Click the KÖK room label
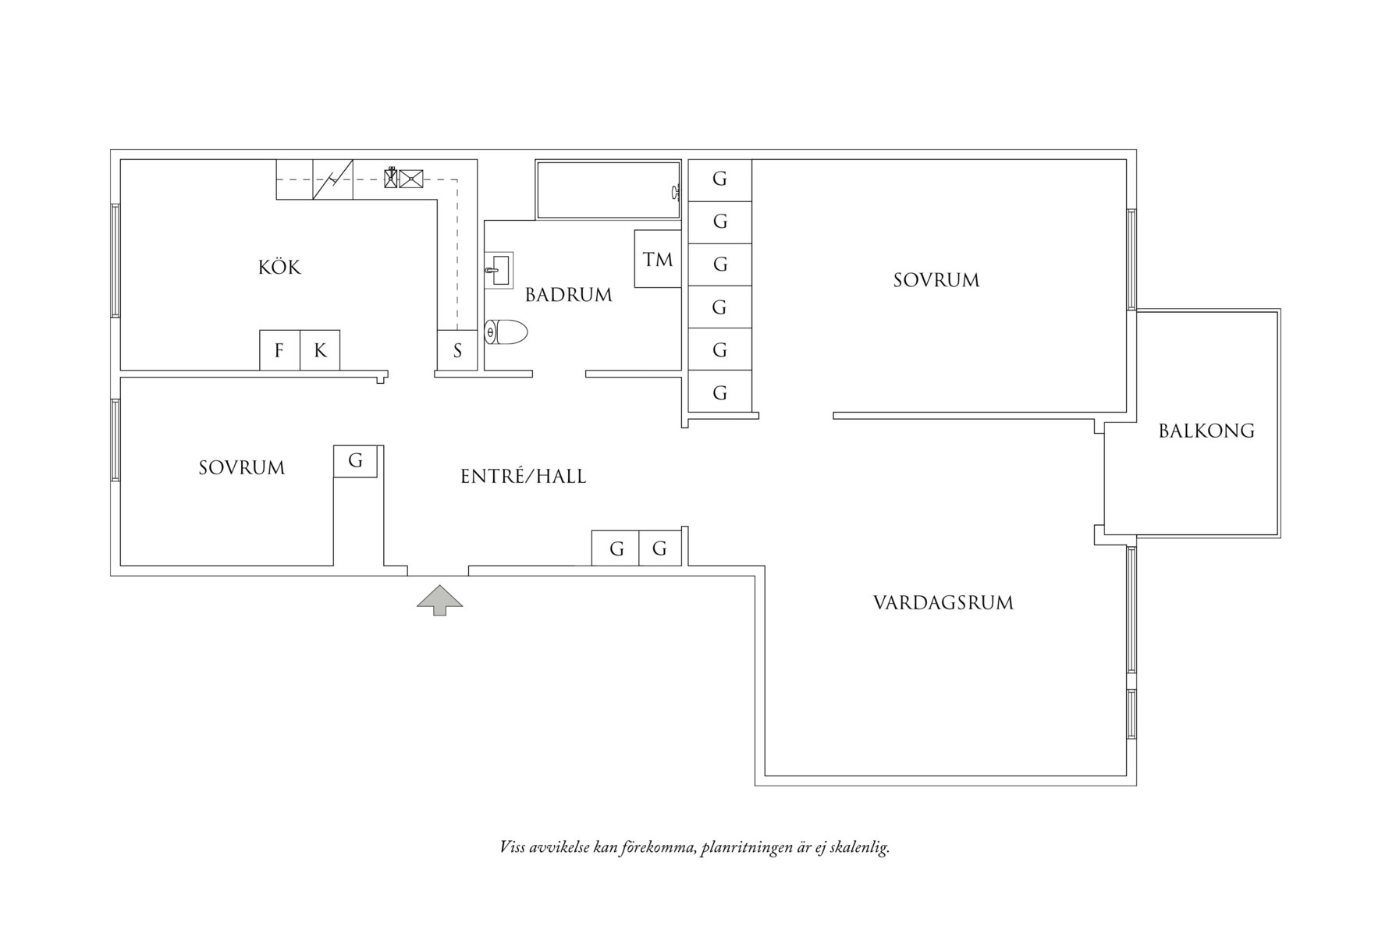click(x=279, y=268)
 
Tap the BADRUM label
click(x=568, y=295)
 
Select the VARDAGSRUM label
click(x=943, y=602)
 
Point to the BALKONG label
click(x=1206, y=431)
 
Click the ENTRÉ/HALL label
click(x=523, y=477)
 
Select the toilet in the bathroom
click(x=506, y=332)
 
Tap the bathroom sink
click(x=498, y=271)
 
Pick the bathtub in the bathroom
click(x=608, y=190)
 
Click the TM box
click(x=658, y=259)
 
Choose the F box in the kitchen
click(x=279, y=350)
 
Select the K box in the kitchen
click(x=320, y=350)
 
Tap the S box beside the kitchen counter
click(x=457, y=350)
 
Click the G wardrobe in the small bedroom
click(x=355, y=461)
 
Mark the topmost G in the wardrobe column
click(x=719, y=179)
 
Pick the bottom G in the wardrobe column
click(x=719, y=392)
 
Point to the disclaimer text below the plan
click(x=694, y=847)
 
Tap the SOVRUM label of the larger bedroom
click(x=936, y=280)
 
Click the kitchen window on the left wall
click(x=115, y=260)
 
